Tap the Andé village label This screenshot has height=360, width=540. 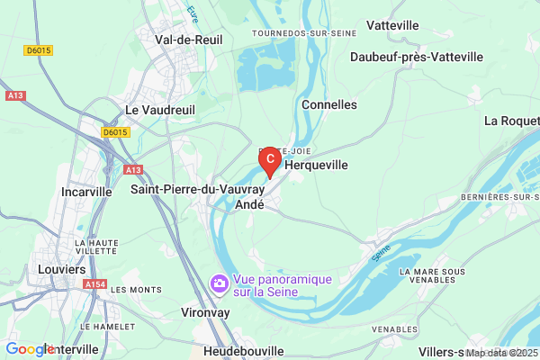click(249, 205)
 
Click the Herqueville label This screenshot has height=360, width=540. click(316, 166)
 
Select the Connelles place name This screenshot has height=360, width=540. click(330, 104)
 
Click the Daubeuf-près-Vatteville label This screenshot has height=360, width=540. click(417, 57)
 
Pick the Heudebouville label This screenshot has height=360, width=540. click(244, 351)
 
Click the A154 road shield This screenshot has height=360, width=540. click(94, 284)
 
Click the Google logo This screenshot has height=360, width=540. click(29, 349)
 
